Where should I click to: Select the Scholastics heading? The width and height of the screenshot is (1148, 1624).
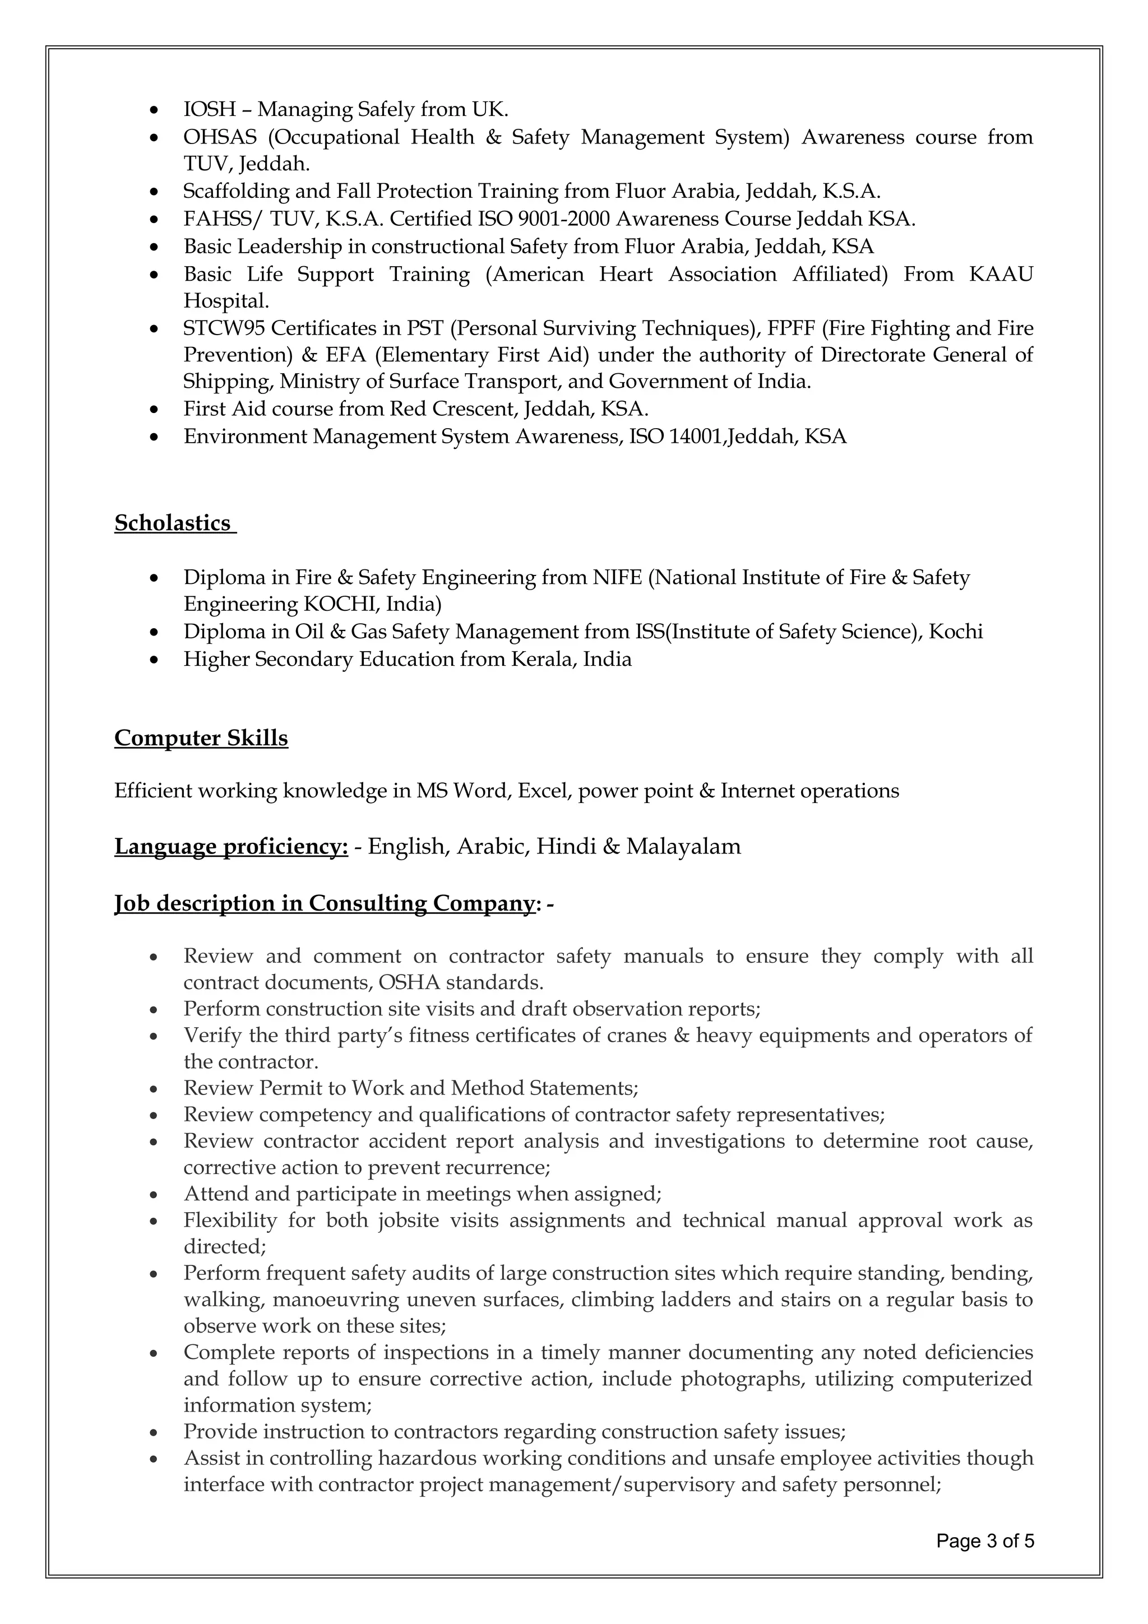pos(173,523)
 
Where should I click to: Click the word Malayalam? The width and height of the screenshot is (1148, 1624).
pos(683,847)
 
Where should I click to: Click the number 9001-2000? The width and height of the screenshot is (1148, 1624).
pos(564,219)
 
